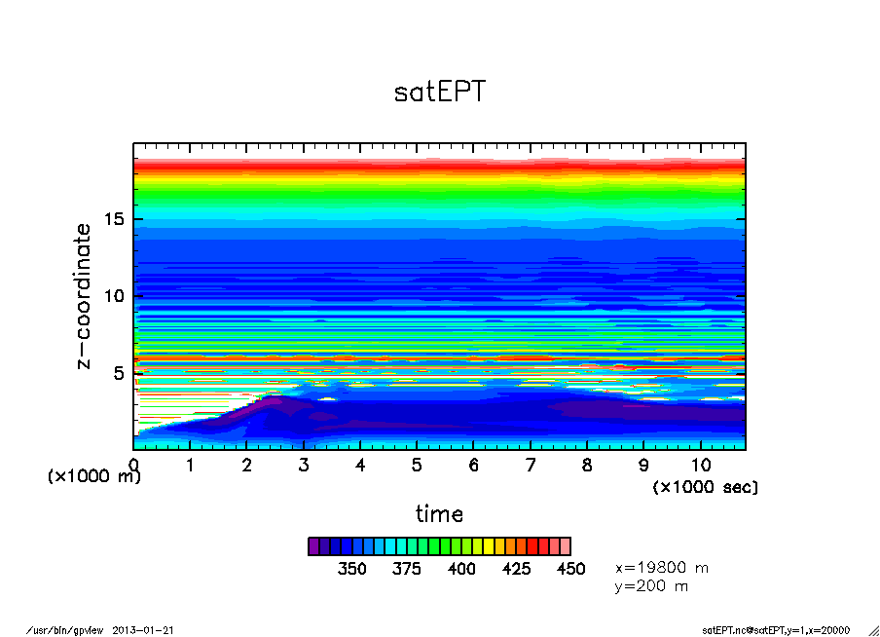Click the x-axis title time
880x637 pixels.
coord(439,514)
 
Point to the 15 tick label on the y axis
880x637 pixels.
coord(115,219)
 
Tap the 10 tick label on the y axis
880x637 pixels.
coord(115,296)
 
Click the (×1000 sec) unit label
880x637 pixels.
coord(704,486)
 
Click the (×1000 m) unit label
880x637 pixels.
coord(94,476)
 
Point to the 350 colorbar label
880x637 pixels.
coord(351,569)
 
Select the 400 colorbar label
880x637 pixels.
coord(461,569)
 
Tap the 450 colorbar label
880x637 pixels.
coord(570,569)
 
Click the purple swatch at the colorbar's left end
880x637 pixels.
coord(313,546)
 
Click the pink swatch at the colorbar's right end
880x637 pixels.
coord(565,546)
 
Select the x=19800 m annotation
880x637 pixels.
coord(662,567)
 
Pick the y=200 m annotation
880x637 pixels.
coord(652,586)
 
